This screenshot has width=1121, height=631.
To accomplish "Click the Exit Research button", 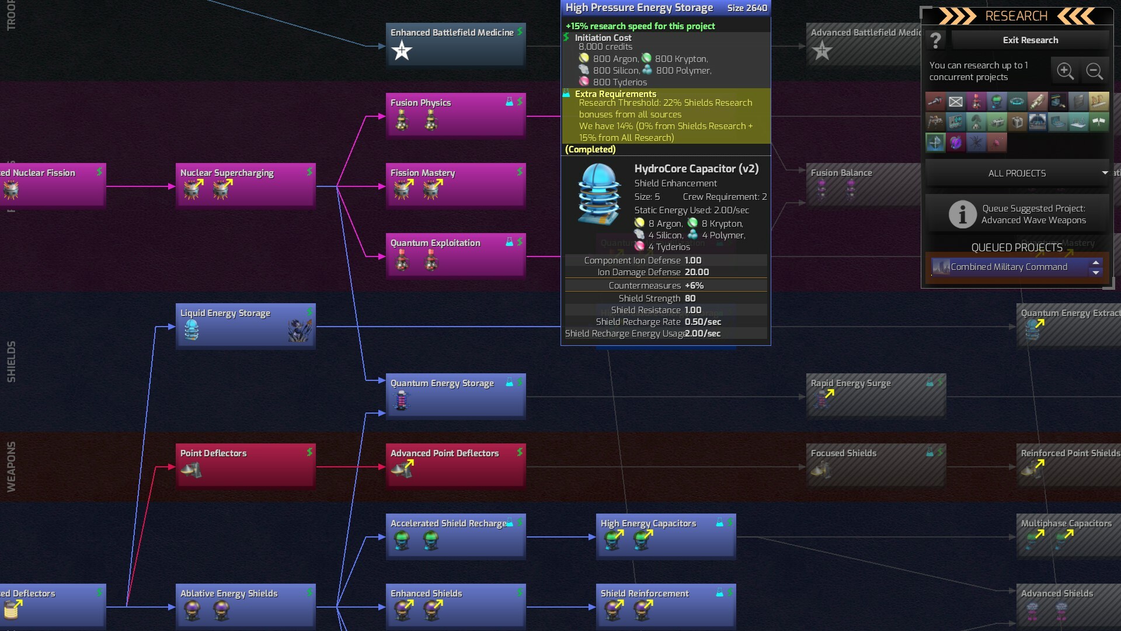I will [1030, 40].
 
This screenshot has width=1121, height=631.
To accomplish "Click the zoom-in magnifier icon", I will [1065, 71].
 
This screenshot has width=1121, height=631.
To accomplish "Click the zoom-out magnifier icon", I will [1094, 71].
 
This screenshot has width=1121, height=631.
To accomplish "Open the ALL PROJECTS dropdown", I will [1017, 174].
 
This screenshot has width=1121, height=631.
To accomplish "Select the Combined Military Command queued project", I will [1009, 267].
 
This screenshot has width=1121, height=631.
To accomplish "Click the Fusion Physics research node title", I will [420, 103].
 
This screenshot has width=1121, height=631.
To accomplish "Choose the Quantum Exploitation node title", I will [435, 243].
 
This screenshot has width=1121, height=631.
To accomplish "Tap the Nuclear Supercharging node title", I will [227, 173].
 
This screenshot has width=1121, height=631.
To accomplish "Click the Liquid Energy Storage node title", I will [225, 313].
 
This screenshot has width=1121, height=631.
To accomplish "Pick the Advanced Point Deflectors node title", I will [444, 453].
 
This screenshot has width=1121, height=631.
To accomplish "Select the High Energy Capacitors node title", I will [648, 523].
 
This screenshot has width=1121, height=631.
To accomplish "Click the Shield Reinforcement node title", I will [645, 594].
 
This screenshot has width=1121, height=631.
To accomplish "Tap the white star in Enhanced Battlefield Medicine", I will [402, 51].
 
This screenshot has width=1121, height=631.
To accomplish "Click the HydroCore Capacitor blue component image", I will [599, 194].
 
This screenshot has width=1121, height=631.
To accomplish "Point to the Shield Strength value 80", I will [690, 299].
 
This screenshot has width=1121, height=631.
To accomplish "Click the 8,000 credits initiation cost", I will [605, 47].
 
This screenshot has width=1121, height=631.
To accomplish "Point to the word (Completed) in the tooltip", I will [590, 150].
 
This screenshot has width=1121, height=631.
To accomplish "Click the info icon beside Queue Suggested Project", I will [962, 214].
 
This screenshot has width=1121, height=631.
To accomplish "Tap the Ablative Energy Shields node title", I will [229, 594].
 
